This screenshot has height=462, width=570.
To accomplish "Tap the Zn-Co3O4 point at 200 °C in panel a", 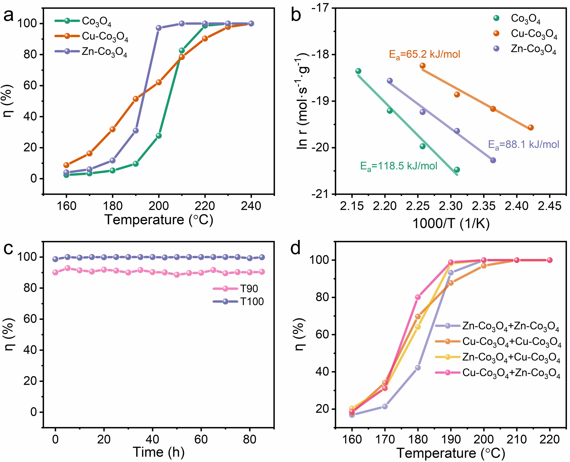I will coord(159,28).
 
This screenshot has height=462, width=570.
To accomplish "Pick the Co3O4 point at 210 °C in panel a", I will coord(182,51).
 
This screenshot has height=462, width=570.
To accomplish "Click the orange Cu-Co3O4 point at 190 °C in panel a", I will coord(136,99).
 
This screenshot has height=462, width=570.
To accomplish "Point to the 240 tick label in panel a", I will coord(251,206).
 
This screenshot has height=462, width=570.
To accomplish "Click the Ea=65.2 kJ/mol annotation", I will coord(424,54).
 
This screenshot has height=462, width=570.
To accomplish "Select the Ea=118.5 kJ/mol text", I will coord(399,166).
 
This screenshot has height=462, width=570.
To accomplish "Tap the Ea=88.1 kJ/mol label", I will coord(523,145).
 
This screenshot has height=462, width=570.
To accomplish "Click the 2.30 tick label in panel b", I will coord(451,206).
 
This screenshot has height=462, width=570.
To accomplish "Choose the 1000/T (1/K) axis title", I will coord(451,223).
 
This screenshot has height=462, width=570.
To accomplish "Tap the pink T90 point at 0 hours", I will coord(55,272).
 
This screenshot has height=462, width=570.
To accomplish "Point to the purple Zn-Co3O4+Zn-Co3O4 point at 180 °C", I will coord(418,368).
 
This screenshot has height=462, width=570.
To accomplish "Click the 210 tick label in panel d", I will coord(517,439).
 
